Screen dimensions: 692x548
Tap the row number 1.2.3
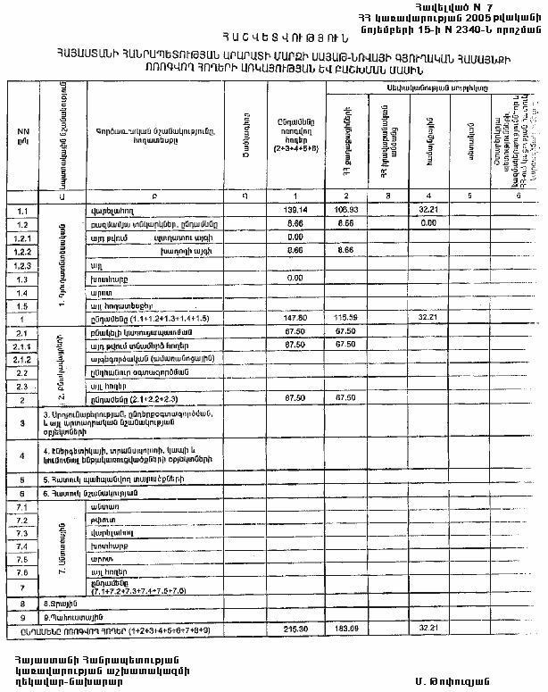click(x=23, y=265)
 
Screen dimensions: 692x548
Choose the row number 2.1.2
click(x=23, y=358)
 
